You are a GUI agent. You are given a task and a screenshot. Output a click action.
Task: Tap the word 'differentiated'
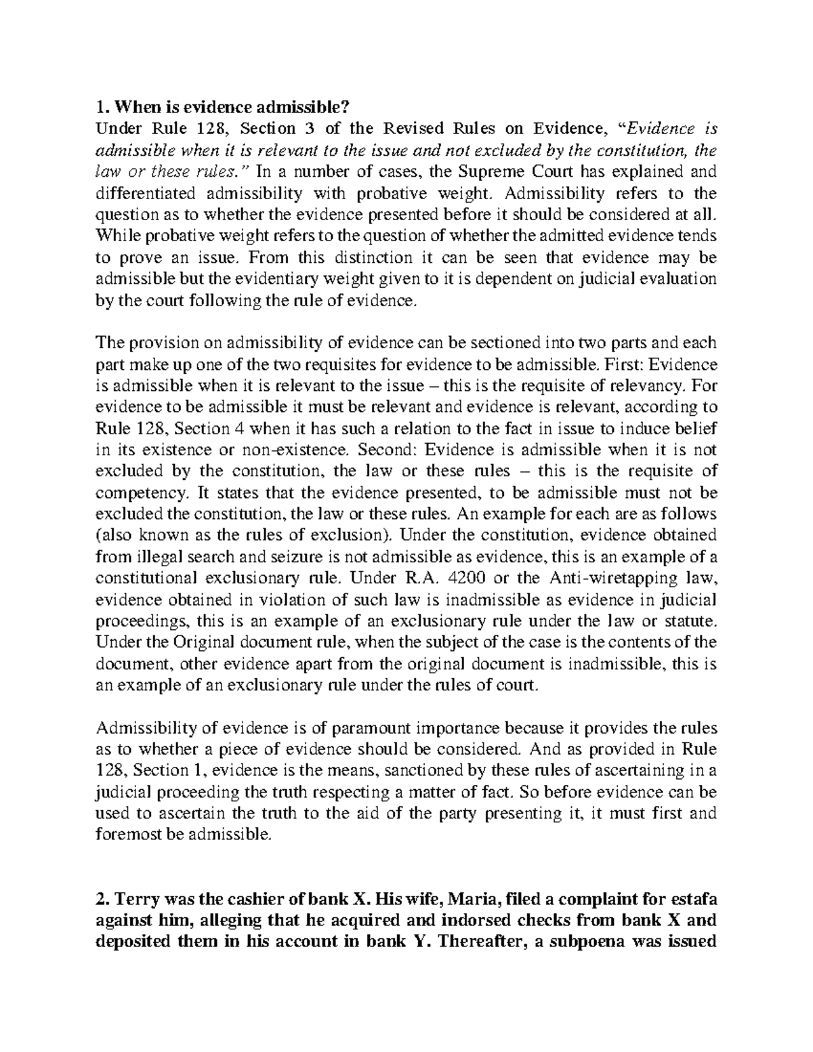point(140,194)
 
